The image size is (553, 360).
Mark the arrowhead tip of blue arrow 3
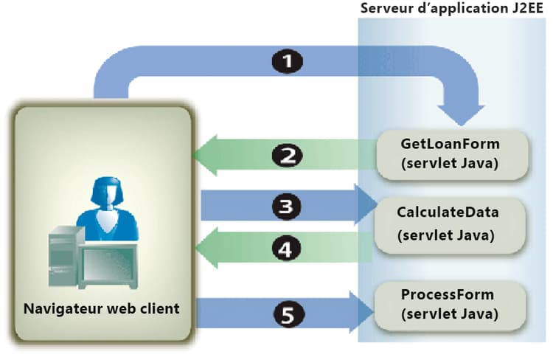click(376, 205)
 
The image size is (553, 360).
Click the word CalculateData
click(448, 212)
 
